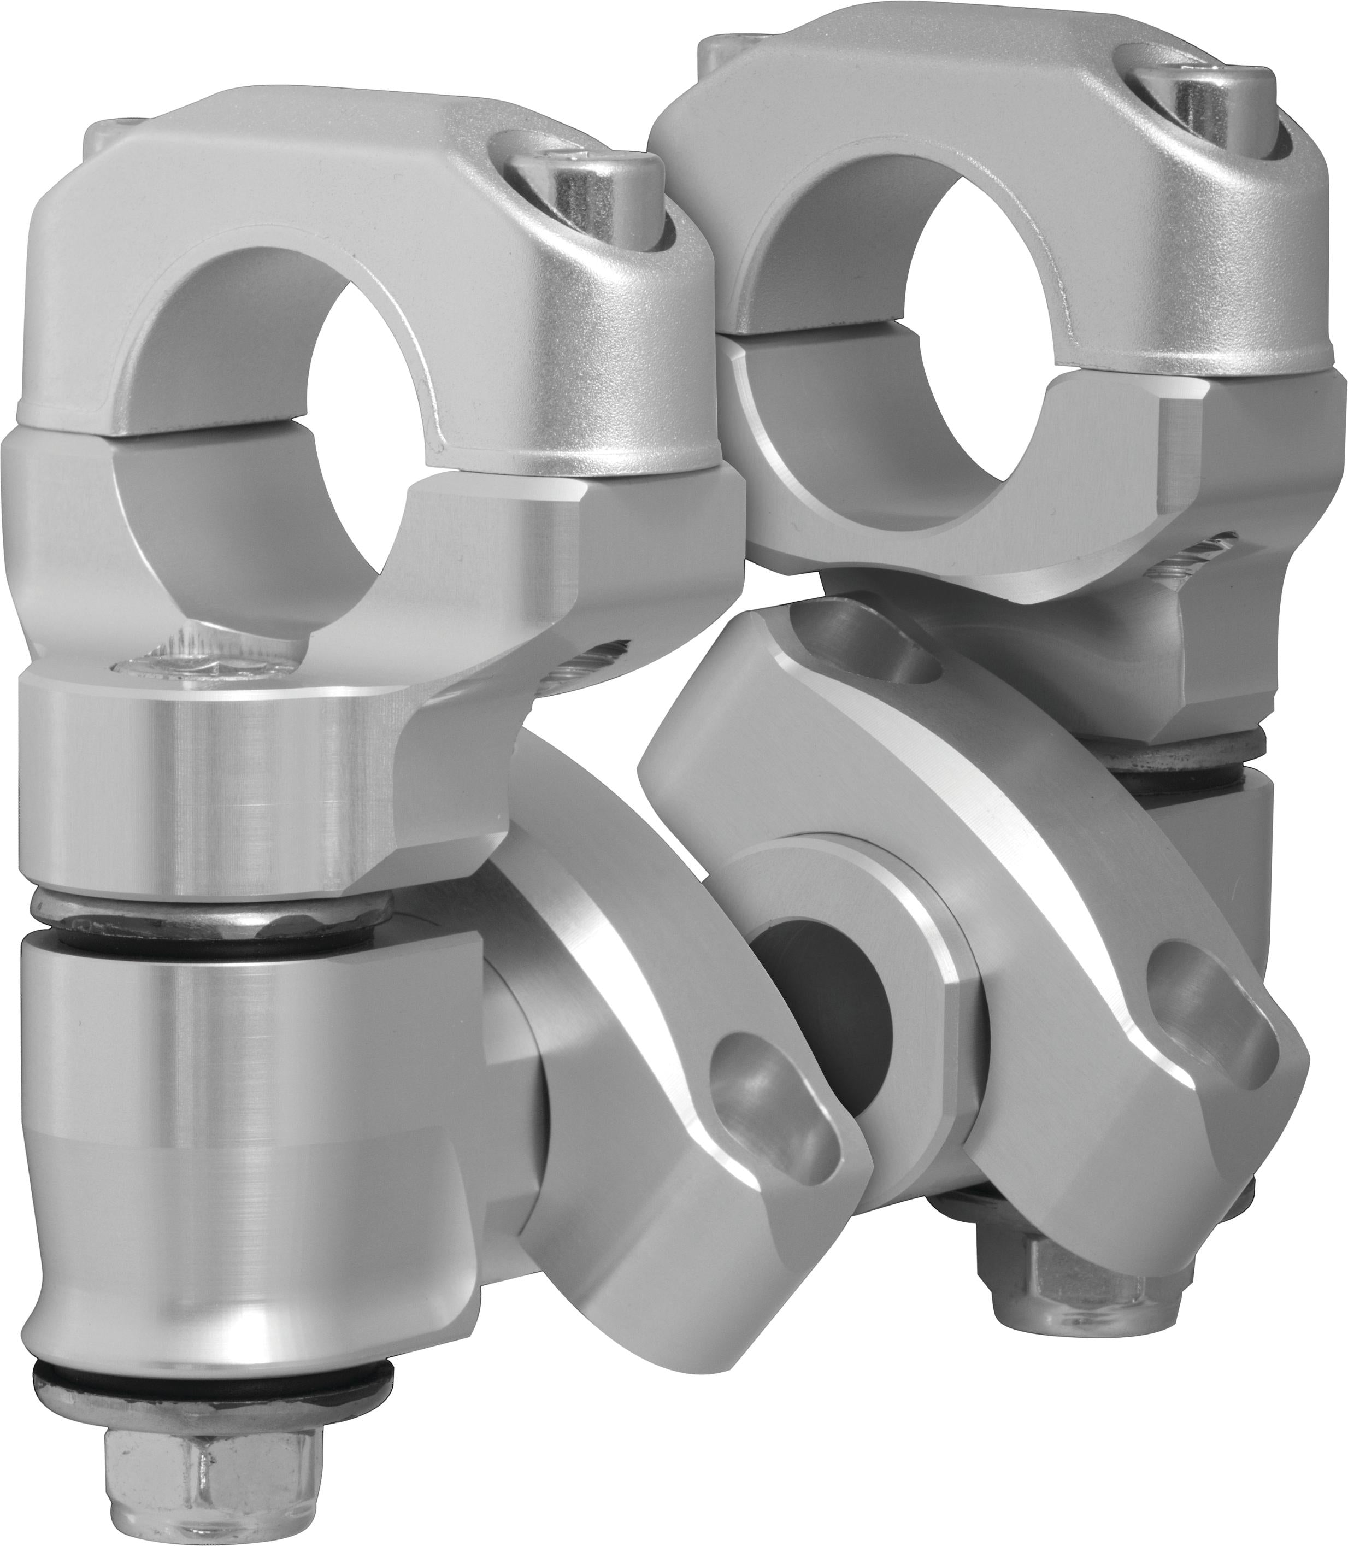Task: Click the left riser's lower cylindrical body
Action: coord(248,1128)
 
